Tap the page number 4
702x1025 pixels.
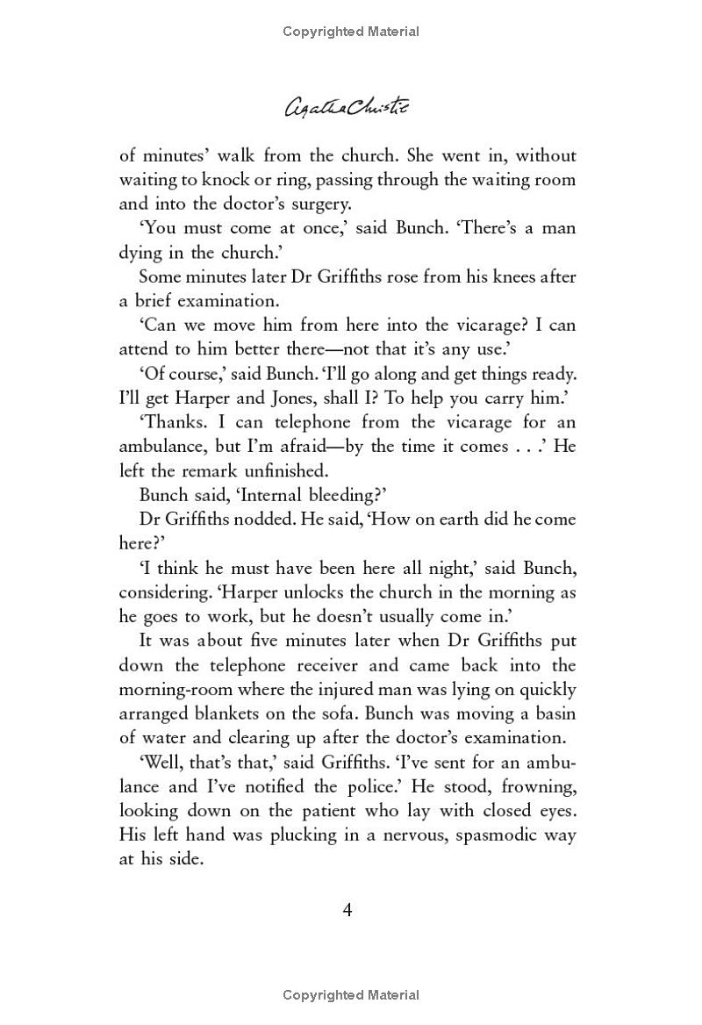(x=347, y=909)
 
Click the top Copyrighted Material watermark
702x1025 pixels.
(x=351, y=32)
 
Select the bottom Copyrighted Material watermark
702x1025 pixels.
(x=351, y=995)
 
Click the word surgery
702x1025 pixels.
(x=319, y=204)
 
